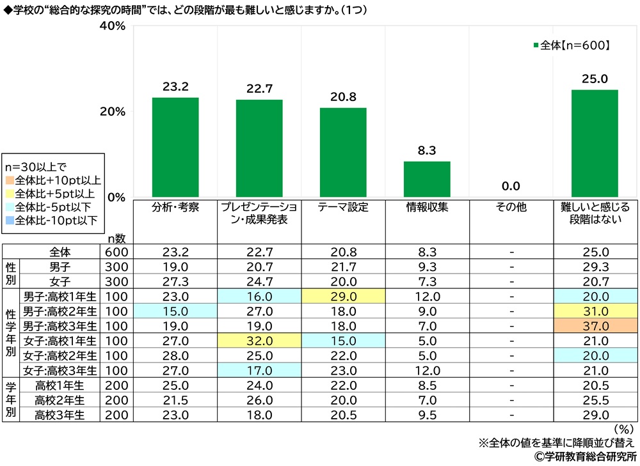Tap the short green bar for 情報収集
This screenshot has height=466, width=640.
point(427,179)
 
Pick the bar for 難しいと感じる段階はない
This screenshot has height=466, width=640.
point(595,143)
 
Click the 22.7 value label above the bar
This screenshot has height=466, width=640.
point(259,89)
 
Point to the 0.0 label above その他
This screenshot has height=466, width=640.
point(511,186)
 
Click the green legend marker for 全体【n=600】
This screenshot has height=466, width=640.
point(536,45)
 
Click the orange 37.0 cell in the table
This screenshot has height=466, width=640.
point(595,325)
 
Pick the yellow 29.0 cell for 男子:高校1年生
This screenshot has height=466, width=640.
point(343,297)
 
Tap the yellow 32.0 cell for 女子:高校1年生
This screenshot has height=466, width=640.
point(259,339)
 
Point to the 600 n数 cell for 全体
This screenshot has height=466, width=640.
point(116,252)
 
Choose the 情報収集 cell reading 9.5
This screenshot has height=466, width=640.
point(427,414)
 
